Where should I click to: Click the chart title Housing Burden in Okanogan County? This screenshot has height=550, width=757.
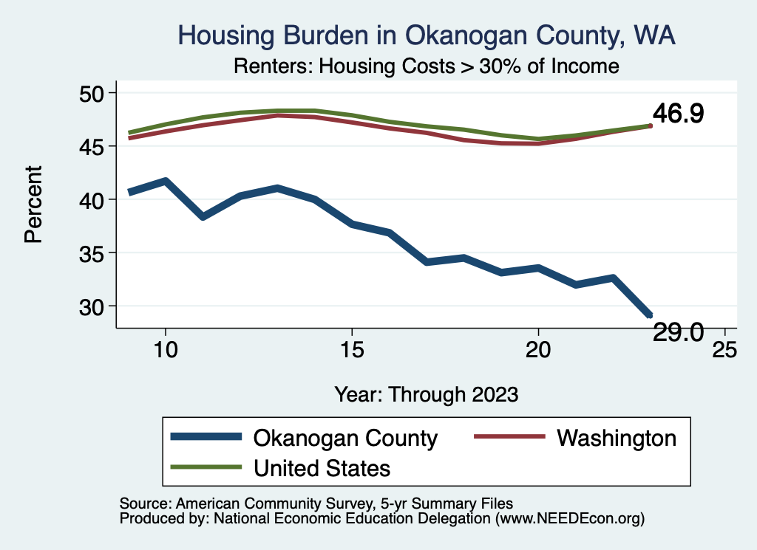pos(427,35)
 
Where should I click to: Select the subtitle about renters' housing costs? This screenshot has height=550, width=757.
pos(426,66)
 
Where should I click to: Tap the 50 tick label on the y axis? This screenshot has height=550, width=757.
pos(93,94)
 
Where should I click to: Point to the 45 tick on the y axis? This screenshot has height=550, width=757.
pos(93,147)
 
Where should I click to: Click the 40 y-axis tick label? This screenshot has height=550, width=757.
pos(93,200)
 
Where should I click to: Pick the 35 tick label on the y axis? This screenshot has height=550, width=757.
pos(93,253)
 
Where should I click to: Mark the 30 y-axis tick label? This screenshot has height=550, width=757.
pos(93,306)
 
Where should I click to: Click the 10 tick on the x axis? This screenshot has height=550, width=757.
pos(165,349)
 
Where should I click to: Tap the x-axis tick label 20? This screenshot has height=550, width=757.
pos(537,349)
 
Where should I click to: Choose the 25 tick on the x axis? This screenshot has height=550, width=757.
pos(724,349)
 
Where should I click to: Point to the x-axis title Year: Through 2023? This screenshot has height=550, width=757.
pos(427,393)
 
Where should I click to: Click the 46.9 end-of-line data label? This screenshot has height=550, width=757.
pos(677,114)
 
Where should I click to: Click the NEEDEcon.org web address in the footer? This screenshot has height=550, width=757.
pos(568,519)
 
